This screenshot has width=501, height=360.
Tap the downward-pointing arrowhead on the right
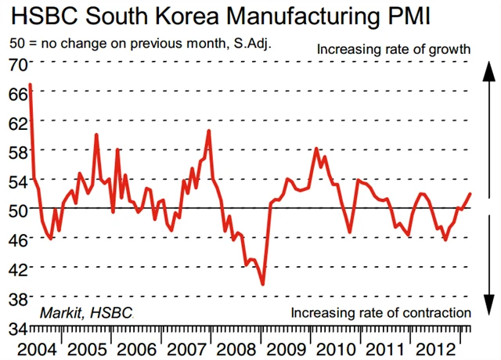coord(486,308)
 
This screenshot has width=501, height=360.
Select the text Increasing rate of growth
coord(393,49)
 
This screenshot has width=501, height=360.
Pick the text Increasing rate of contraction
coord(380,313)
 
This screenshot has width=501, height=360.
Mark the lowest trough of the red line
coord(262,284)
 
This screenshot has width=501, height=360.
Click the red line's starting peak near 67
coord(30,84)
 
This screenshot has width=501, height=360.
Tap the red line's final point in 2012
coord(470,193)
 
